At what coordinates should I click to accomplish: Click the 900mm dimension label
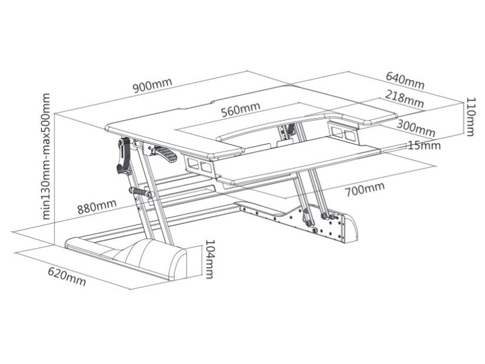pyautogui.click(x=152, y=86)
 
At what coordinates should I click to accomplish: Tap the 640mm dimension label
pyautogui.click(x=405, y=80)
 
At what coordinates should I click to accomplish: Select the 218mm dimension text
pyautogui.click(x=404, y=99)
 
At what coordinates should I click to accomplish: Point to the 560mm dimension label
pyautogui.click(x=241, y=109)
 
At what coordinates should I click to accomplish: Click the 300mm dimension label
pyautogui.click(x=416, y=128)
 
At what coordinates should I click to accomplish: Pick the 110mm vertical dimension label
pyautogui.click(x=470, y=116)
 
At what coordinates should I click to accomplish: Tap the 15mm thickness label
pyautogui.click(x=424, y=145)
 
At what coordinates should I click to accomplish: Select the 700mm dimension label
pyautogui.click(x=365, y=189)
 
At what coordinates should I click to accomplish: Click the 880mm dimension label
pyautogui.click(x=97, y=207)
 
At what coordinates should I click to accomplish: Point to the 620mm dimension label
pyautogui.click(x=67, y=276)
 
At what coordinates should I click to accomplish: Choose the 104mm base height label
pyautogui.click(x=210, y=260)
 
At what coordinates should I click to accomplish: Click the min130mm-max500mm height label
pyautogui.click(x=46, y=157)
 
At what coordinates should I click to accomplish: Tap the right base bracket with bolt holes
pyautogui.click(x=309, y=222)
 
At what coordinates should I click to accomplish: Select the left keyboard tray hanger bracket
pyautogui.click(x=199, y=165)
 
